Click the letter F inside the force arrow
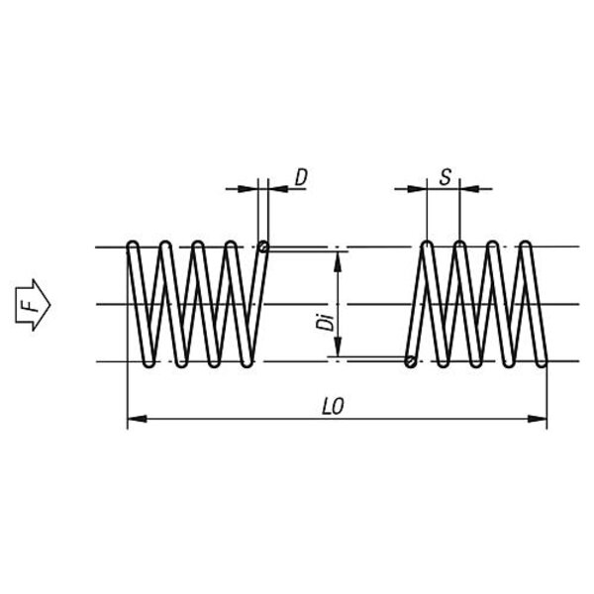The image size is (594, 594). tap(32, 304)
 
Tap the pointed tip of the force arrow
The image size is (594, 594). tap(50, 304)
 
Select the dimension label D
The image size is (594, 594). tap(301, 178)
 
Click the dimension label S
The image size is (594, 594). tap(445, 178)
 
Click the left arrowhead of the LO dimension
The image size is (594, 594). tap(135, 419)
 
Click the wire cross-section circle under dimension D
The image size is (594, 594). tap(263, 247)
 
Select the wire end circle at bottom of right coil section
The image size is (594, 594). tap(410, 361)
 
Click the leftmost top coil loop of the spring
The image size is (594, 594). tap(133, 245)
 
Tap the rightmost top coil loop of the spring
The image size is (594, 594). tap(525, 245)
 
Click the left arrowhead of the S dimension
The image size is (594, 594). tap(420, 187)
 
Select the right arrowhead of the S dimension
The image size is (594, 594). tap(467, 187)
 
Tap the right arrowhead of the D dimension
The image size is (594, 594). tap(273, 187)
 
